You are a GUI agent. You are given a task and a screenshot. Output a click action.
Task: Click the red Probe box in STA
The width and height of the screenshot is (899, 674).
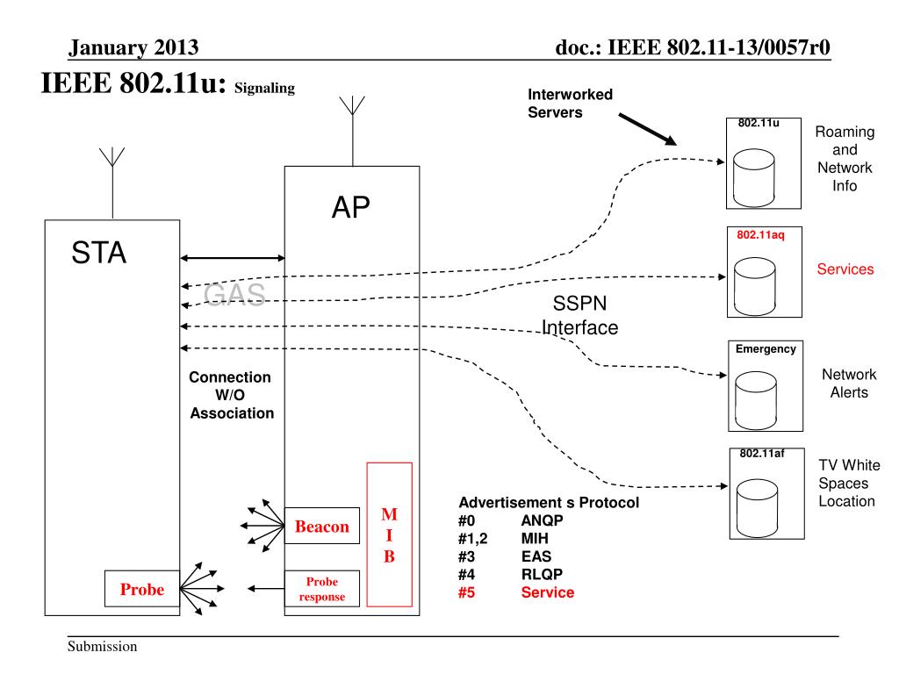[142, 589]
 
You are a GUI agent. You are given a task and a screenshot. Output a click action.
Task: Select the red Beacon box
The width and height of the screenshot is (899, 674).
[322, 526]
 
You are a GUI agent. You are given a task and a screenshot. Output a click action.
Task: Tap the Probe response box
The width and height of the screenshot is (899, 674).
[322, 589]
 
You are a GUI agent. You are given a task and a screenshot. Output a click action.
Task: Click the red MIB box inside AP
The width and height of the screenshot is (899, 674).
[389, 534]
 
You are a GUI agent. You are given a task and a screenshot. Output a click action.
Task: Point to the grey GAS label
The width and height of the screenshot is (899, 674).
[234, 294]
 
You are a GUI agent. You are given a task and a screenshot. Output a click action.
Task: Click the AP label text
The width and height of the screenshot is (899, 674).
[351, 207]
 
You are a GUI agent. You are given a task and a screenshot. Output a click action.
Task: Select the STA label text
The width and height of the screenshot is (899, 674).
[98, 252]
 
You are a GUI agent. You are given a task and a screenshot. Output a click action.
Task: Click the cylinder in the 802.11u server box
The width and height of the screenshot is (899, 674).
[754, 177]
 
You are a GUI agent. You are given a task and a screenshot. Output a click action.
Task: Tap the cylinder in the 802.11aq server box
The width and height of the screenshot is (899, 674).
[754, 286]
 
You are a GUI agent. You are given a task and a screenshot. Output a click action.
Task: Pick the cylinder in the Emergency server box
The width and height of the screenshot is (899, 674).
[756, 400]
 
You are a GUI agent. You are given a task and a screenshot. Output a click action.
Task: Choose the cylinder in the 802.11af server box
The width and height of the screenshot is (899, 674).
[757, 508]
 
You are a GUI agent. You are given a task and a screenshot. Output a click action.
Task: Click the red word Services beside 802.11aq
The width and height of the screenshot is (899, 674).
[845, 269]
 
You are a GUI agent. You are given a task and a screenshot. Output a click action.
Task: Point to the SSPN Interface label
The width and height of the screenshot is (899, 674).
[579, 315]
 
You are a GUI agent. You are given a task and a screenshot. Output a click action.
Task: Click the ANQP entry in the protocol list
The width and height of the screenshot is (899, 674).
[542, 520]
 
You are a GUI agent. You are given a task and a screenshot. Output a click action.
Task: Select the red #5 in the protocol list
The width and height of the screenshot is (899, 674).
[467, 592]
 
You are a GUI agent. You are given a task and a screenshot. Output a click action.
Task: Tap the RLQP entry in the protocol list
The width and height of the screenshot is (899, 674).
[542, 574]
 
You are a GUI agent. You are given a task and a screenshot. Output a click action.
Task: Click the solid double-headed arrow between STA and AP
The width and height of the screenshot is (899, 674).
[232, 258]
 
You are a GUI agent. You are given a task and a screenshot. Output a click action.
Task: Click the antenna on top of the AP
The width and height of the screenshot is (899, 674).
[353, 132]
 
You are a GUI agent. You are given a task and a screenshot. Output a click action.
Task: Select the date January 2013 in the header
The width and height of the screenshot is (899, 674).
[133, 47]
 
